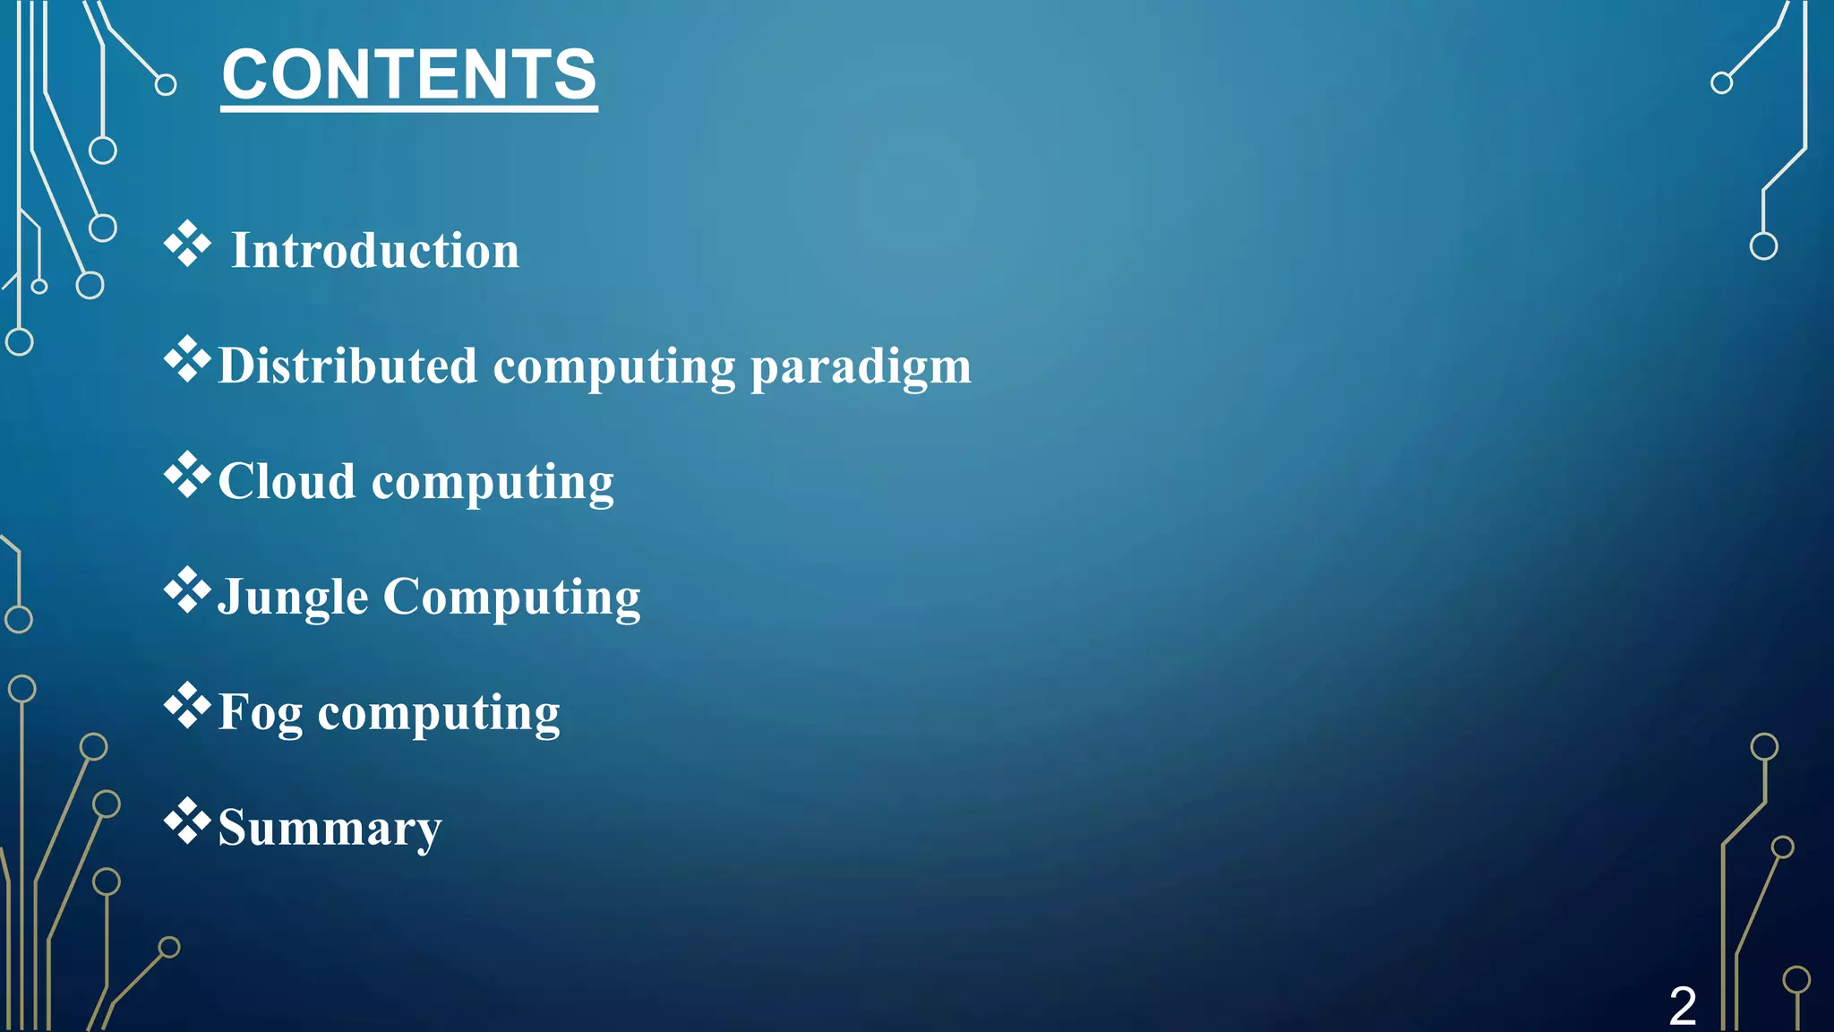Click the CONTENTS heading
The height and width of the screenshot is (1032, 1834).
point(409,75)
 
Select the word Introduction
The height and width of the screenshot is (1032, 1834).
point(375,250)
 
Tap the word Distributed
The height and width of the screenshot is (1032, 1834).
point(347,365)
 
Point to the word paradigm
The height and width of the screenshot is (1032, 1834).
point(861,367)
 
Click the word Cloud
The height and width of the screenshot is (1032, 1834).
point(287,481)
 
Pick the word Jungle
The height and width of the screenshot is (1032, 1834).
point(293,597)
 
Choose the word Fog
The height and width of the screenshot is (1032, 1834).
point(261,713)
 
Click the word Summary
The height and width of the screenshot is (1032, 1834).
point(330,828)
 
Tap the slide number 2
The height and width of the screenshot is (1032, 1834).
point(1682,1005)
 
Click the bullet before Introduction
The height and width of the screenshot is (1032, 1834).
point(187,245)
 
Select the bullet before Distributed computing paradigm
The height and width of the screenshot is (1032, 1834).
point(187,360)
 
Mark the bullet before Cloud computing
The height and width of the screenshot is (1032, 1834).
point(187,476)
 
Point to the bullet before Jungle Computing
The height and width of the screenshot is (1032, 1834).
point(187,591)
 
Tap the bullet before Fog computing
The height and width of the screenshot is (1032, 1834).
point(187,707)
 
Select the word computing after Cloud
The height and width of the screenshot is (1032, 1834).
point(493,483)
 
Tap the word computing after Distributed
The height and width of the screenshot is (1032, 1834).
point(614,367)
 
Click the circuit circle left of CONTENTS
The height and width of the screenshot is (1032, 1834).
point(166,85)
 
